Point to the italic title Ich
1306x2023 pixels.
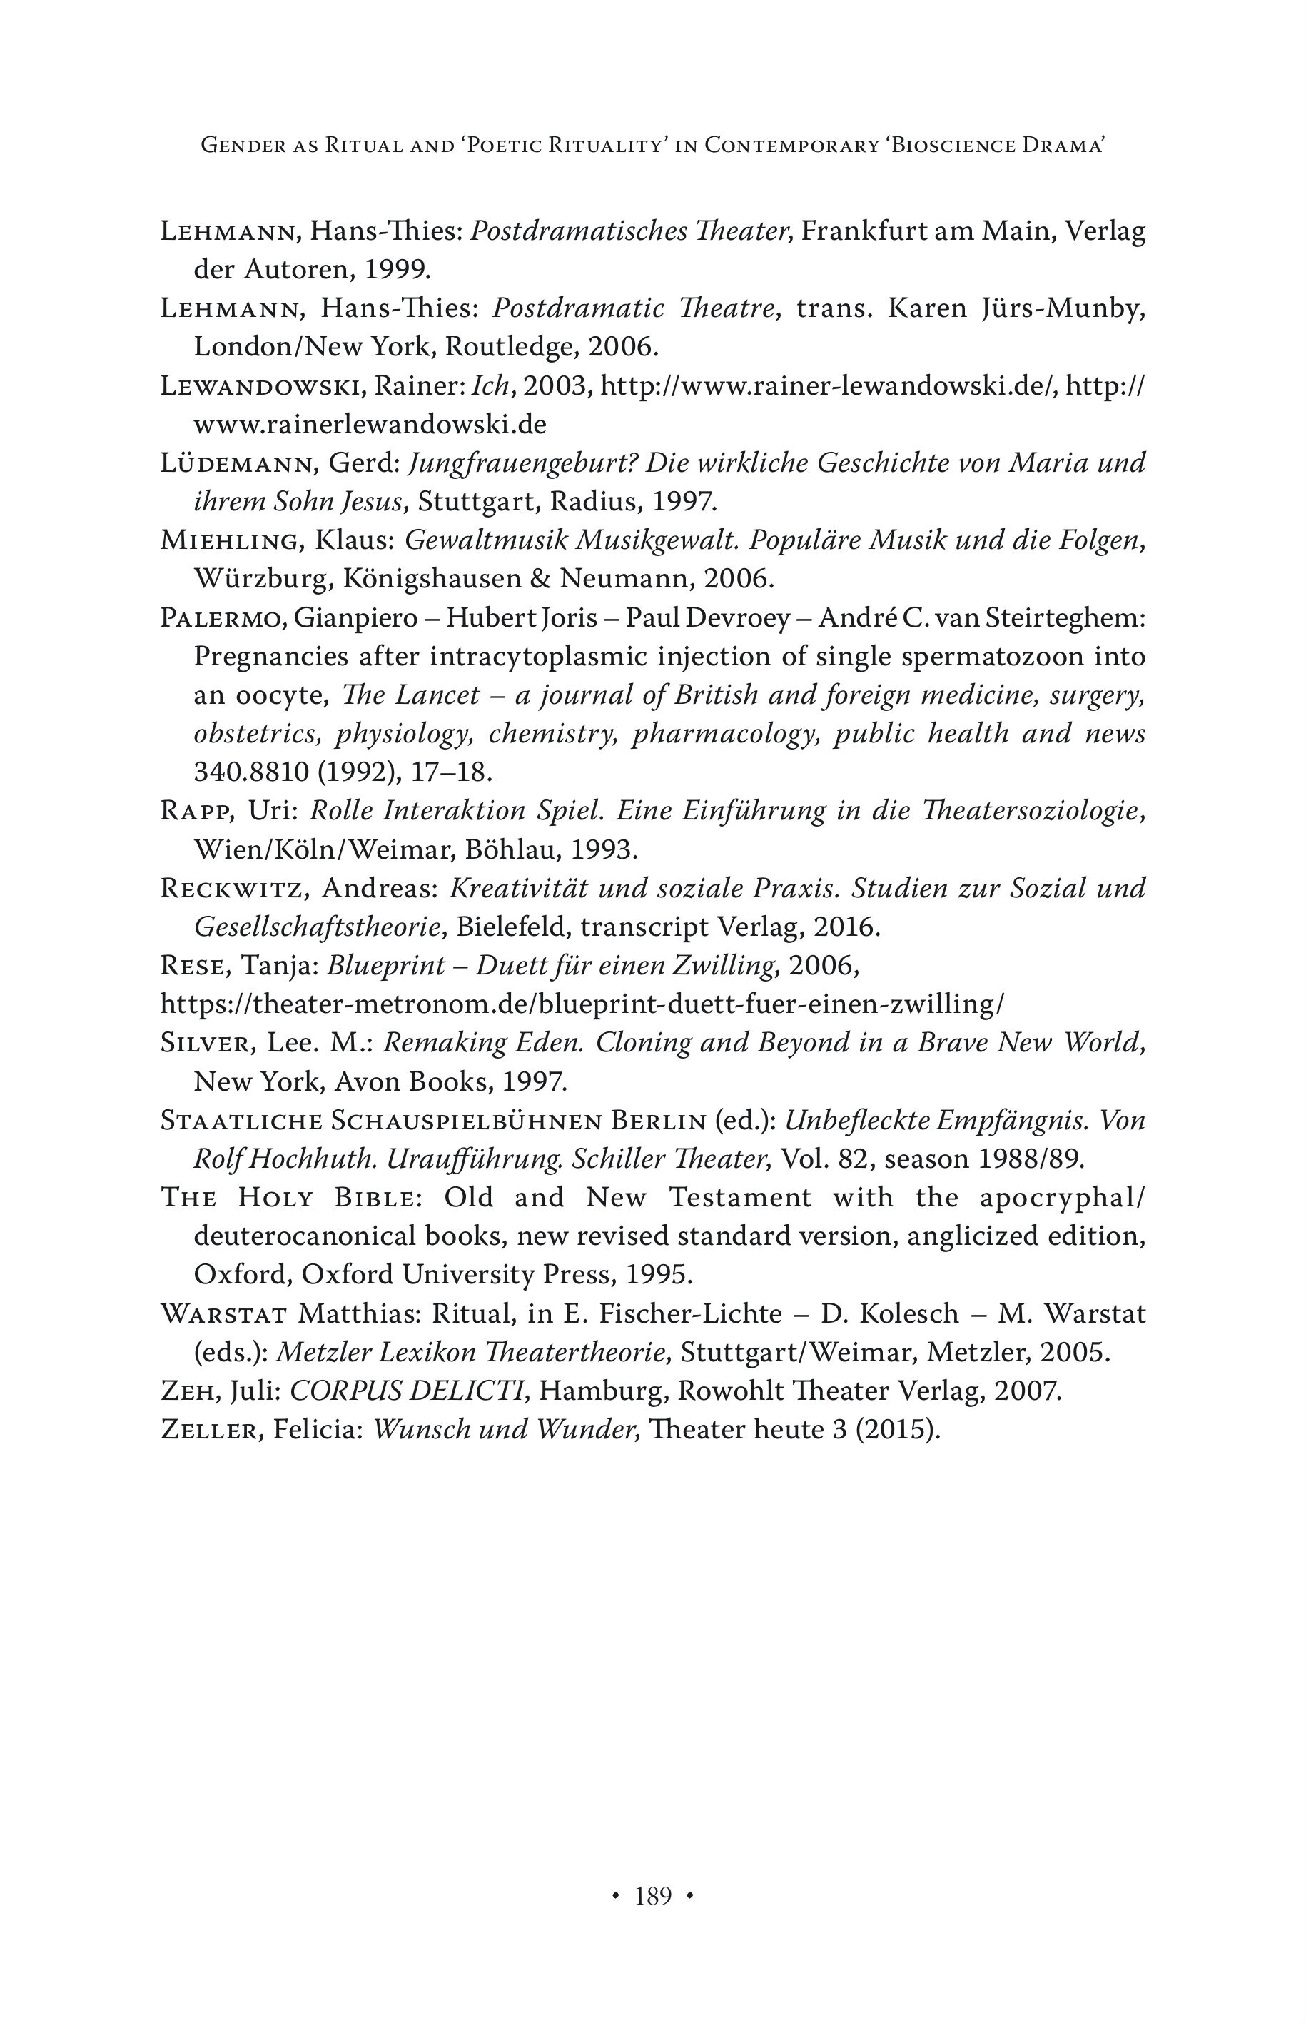[488, 387]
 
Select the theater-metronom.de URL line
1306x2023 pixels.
[582, 1004]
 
